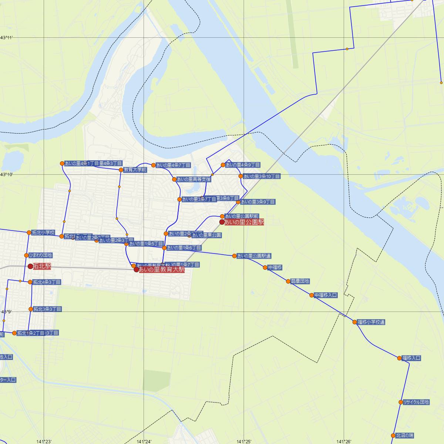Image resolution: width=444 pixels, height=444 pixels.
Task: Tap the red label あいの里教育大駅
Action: [x=161, y=270]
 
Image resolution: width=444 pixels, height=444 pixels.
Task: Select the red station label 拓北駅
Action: [x=42, y=266]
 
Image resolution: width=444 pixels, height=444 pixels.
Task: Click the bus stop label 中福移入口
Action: [x=326, y=295]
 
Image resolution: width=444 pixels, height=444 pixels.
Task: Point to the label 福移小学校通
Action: [x=371, y=322]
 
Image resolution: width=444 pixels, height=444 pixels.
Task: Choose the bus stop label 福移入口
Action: [x=411, y=358]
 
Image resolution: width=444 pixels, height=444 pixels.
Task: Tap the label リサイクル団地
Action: [x=416, y=402]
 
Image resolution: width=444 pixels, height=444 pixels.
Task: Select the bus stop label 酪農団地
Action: [x=300, y=281]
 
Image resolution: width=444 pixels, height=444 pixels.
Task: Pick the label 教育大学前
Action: [x=135, y=170]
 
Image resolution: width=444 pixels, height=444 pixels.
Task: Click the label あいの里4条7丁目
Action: [x=173, y=165]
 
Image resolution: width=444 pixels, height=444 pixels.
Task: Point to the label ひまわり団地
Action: [x=40, y=255]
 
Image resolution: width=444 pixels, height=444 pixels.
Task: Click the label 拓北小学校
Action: [x=43, y=233]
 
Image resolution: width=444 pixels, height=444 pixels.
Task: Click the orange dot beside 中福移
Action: [x=265, y=268]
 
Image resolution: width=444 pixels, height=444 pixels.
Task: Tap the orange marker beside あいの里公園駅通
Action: [x=234, y=256]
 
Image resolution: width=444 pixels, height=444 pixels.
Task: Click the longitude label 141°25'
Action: [x=244, y=441]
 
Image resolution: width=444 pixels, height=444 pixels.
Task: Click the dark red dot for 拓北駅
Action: [x=30, y=266]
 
